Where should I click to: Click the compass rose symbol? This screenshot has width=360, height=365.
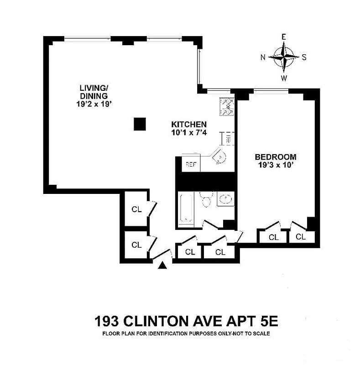[x=283, y=57]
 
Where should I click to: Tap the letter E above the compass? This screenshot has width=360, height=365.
[x=283, y=37]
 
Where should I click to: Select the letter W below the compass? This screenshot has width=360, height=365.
[x=284, y=78]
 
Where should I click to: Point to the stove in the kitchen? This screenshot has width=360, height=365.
[x=226, y=106]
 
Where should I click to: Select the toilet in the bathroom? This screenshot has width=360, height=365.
[x=206, y=200]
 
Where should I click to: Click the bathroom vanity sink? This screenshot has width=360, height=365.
[x=225, y=199]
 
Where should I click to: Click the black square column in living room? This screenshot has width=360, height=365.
[x=140, y=124]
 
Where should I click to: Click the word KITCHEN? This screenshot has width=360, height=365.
[x=189, y=124]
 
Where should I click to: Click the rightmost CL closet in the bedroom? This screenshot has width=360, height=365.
[x=300, y=237]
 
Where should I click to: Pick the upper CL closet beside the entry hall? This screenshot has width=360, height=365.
[x=136, y=209]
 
